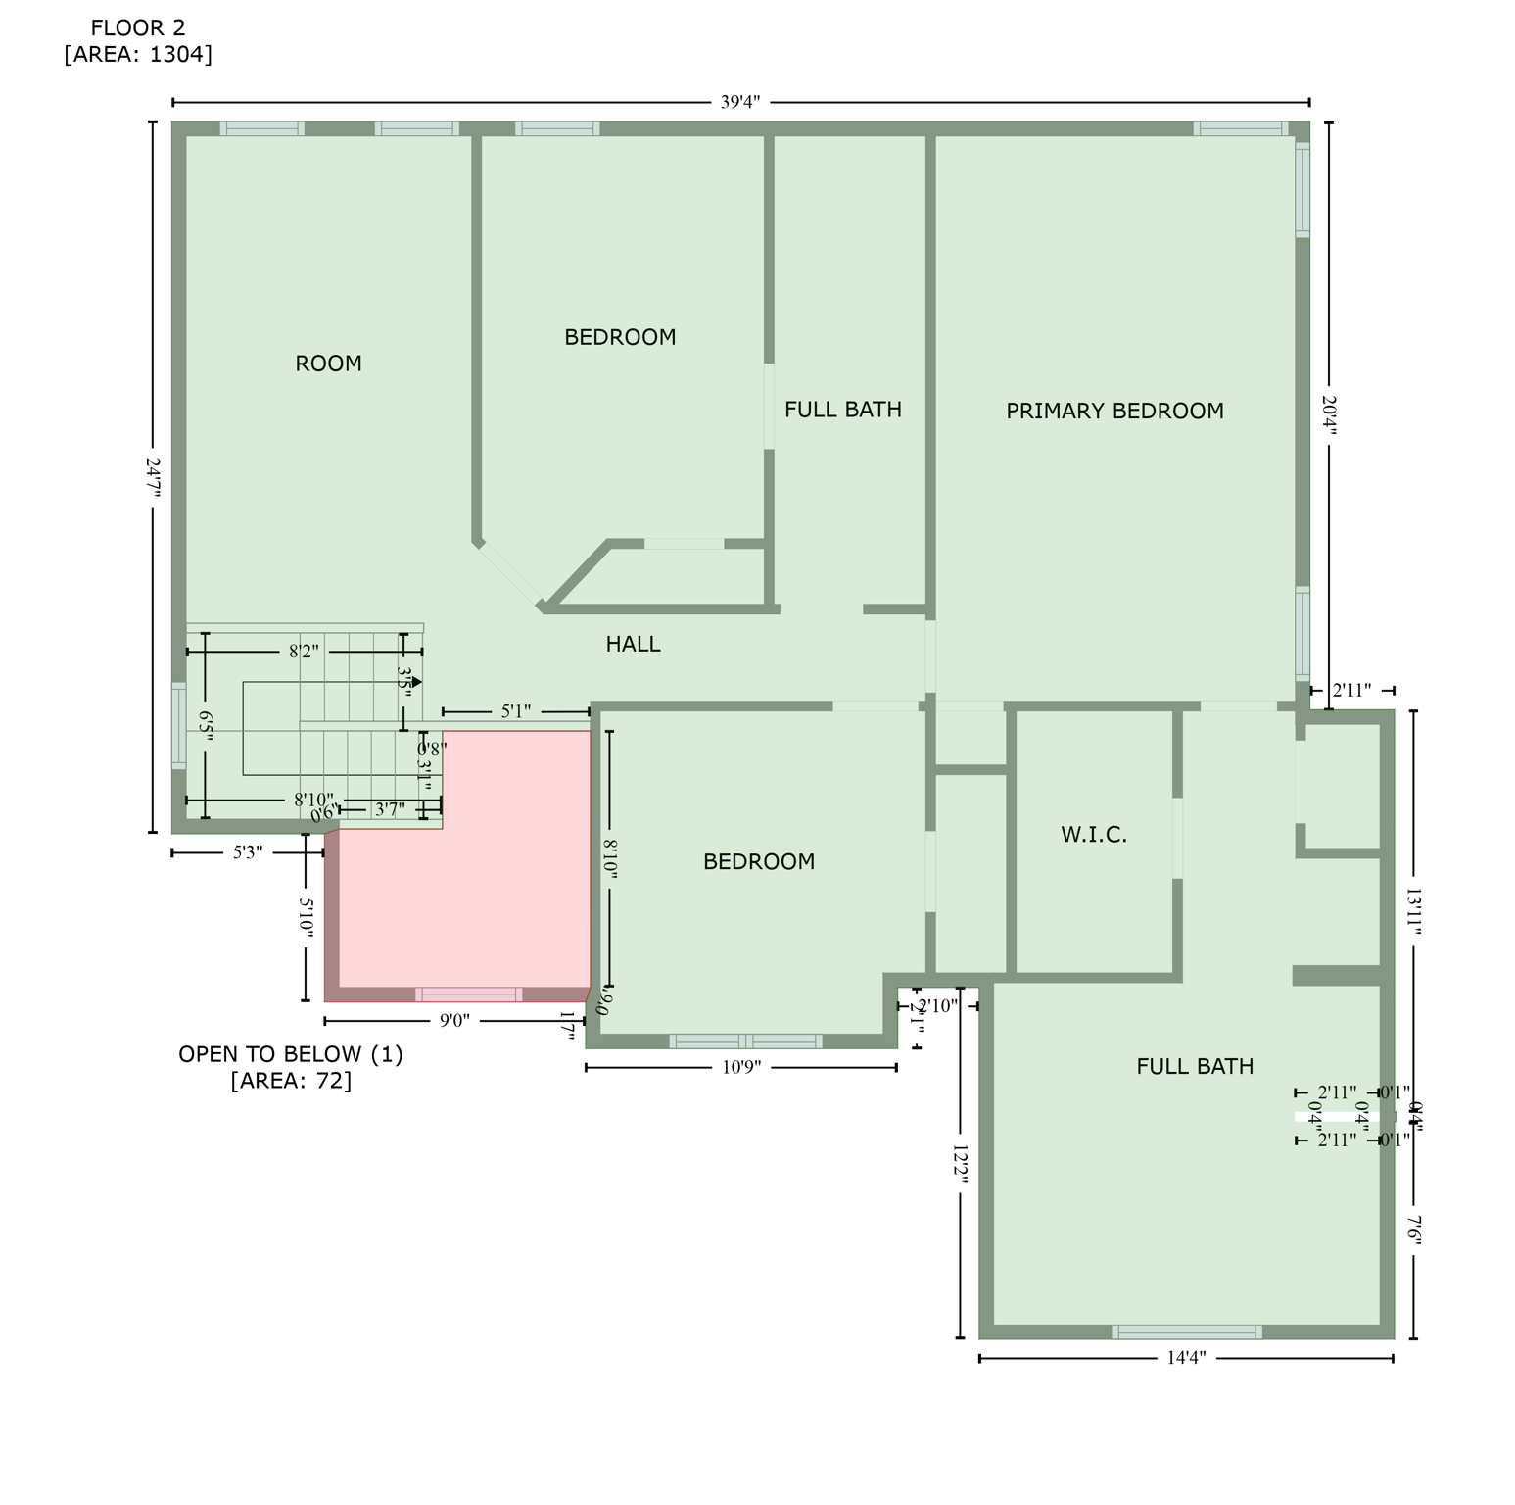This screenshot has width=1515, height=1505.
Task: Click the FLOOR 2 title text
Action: point(138,28)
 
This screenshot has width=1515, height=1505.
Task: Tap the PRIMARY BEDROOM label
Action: point(1114,412)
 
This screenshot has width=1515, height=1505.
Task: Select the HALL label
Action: point(633,645)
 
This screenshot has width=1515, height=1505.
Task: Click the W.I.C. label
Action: point(1094,835)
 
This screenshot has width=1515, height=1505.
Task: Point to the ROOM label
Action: point(328,364)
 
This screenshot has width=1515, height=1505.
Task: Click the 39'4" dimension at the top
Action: point(740,102)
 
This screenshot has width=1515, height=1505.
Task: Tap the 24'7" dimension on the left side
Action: point(153,477)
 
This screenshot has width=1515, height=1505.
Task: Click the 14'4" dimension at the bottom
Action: point(1186,1358)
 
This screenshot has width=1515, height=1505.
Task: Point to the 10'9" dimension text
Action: point(741,1068)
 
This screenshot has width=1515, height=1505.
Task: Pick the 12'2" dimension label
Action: point(960,1166)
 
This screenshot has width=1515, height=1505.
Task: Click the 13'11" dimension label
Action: point(1413,911)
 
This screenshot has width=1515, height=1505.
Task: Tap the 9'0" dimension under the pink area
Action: point(454,1021)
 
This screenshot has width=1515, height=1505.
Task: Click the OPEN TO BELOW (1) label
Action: point(291,1055)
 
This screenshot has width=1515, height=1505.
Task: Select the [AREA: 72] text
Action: point(291,1081)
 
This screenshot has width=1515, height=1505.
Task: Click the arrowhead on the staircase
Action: point(417,682)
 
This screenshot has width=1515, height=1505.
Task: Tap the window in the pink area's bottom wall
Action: point(469,995)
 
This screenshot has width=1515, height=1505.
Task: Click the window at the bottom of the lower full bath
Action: point(1187,1332)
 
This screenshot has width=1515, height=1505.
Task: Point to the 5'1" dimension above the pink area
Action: point(516,711)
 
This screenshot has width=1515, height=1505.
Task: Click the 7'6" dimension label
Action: point(1413,1230)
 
